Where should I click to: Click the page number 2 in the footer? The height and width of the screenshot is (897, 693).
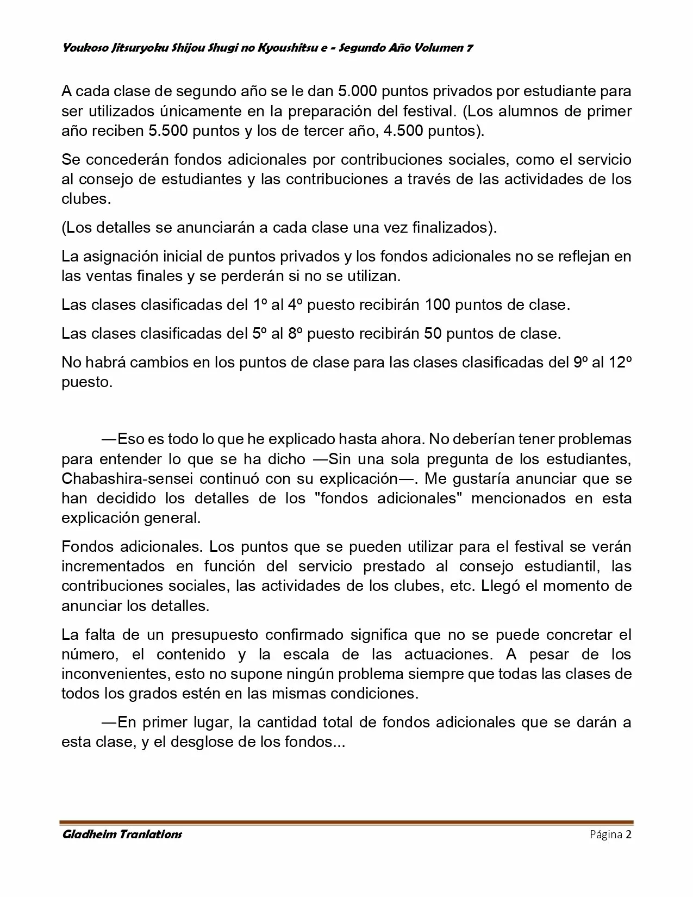(x=628, y=834)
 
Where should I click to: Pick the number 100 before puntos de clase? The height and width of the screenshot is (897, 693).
(x=437, y=305)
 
